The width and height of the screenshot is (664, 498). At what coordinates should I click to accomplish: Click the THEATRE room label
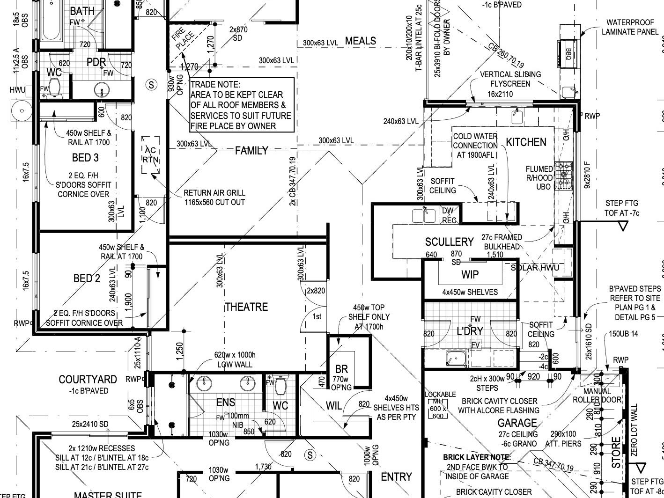(x=246, y=307)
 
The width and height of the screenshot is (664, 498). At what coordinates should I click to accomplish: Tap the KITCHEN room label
(x=526, y=142)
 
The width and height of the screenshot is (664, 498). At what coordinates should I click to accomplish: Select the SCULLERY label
(x=449, y=242)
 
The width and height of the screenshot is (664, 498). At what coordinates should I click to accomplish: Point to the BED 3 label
(x=85, y=157)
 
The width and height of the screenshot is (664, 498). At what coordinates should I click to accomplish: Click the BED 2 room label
(x=87, y=278)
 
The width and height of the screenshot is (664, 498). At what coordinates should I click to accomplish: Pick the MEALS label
(x=361, y=41)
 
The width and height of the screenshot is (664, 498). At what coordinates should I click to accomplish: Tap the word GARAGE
(x=517, y=423)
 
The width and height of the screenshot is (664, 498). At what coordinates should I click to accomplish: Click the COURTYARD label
(x=88, y=379)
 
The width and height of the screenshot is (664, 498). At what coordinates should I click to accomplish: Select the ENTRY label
(x=396, y=476)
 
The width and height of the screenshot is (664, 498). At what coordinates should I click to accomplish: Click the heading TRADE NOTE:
(x=215, y=85)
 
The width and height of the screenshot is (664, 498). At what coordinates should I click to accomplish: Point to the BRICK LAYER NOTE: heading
(x=477, y=457)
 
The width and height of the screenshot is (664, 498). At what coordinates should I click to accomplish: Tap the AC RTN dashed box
(x=151, y=155)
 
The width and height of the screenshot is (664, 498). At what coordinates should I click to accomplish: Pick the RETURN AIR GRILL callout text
(x=214, y=198)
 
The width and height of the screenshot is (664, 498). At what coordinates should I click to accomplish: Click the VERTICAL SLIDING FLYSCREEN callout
(x=510, y=79)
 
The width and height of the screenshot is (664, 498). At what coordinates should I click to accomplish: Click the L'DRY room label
(x=470, y=331)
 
